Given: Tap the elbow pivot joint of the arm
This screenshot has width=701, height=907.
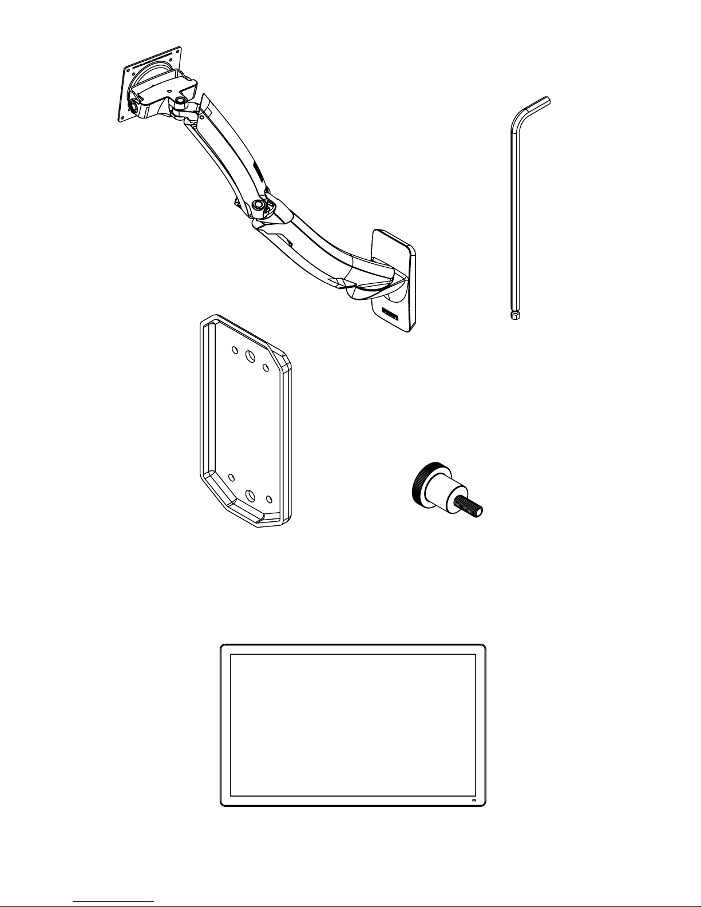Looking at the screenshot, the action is [x=259, y=204].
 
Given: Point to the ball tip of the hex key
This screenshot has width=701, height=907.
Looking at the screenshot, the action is [x=514, y=315].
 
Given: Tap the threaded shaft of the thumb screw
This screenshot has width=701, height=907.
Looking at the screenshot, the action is [x=470, y=506].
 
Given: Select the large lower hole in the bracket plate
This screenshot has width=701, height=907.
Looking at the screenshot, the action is [x=251, y=496].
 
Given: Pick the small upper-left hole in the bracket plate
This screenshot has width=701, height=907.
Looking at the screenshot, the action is [x=234, y=350].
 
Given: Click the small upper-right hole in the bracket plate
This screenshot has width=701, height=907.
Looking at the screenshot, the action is [x=266, y=366].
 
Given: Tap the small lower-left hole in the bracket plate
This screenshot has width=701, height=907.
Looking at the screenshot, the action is [x=231, y=477].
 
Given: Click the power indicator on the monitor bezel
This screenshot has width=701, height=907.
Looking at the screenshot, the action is [x=474, y=799].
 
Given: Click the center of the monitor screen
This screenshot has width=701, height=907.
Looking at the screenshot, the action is [x=353, y=725].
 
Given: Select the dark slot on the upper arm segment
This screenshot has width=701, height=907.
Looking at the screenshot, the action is [x=257, y=170].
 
